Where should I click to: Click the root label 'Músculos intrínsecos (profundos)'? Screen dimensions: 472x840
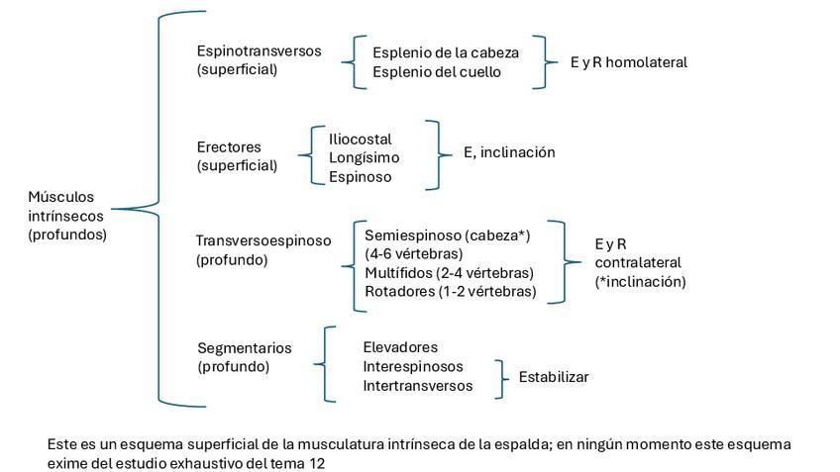[67, 216]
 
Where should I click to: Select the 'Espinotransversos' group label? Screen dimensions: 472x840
[259, 51]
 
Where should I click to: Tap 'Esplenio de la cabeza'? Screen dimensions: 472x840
[445, 52]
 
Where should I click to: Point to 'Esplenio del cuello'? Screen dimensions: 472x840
[437, 71]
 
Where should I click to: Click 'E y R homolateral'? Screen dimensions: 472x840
[628, 62]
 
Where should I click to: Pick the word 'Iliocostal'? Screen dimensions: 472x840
[361, 139]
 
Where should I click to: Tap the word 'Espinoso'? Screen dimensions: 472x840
[360, 177]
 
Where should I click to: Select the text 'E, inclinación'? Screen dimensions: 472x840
[509, 152]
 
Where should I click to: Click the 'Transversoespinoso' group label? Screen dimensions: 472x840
[263, 240]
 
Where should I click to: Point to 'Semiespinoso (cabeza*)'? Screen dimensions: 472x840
[448, 236]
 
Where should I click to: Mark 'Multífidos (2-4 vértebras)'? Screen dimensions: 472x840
[449, 272]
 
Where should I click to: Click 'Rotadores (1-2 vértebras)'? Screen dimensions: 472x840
[450, 291]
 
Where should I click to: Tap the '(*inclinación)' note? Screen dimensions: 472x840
[640, 281]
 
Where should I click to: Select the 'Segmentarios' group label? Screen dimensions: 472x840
[245, 348]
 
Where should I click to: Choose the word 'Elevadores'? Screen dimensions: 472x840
[400, 347]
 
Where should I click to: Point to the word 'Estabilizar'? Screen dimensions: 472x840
[553, 377]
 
